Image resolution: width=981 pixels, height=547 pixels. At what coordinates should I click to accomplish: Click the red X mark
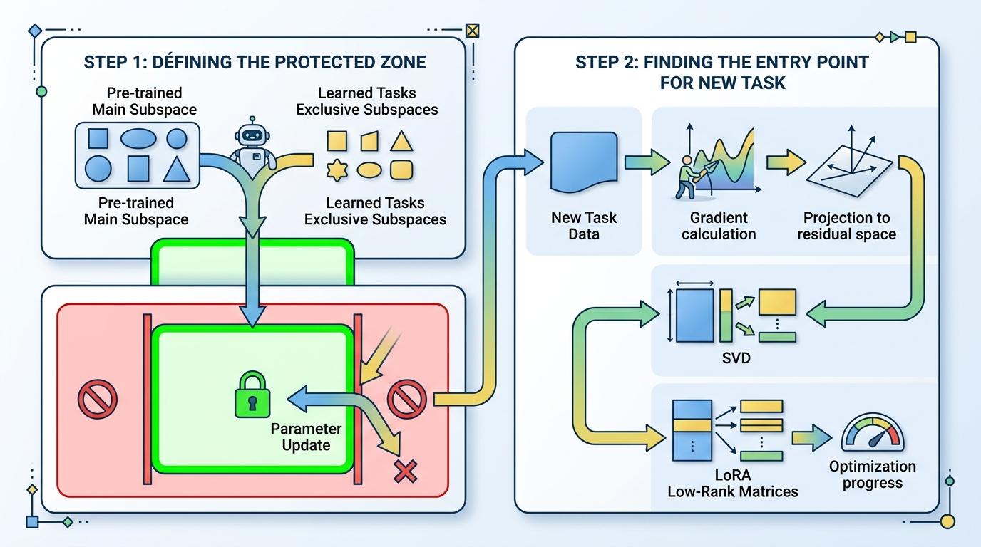coord(406,471)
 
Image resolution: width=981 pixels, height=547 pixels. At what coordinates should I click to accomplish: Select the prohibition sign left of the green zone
coord(97,398)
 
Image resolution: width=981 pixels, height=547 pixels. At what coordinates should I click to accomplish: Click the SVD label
coord(736,358)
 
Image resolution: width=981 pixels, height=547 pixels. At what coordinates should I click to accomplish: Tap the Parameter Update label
coord(306,437)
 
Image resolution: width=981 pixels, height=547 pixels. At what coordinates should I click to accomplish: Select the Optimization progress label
coord(872,475)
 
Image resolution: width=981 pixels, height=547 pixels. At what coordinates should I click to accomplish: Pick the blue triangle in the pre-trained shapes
coord(176,169)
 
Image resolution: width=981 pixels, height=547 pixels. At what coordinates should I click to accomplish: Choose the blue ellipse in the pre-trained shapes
coord(138,138)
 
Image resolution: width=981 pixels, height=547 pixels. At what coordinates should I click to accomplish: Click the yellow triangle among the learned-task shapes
coord(401,140)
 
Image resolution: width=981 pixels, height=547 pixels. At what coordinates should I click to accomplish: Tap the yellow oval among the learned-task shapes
coord(369,170)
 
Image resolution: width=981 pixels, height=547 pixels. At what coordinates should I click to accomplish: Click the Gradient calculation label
coord(718,226)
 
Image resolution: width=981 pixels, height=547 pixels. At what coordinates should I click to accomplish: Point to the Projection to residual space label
coord(849,226)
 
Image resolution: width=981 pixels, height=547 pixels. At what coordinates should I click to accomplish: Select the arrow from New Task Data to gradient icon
coord(646,162)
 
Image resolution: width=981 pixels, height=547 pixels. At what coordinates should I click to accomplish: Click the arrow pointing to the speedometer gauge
coord(811,437)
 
